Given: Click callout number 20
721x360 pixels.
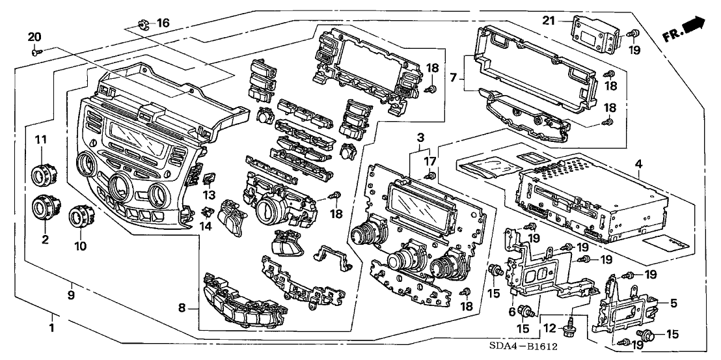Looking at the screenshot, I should pos(34,36).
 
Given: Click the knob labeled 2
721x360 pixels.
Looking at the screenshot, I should pos(44,209).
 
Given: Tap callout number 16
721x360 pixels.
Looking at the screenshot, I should pos(163,23).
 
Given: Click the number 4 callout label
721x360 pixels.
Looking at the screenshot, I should pos(640,165).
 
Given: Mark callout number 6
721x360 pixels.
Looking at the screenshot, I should pos(513,311).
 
